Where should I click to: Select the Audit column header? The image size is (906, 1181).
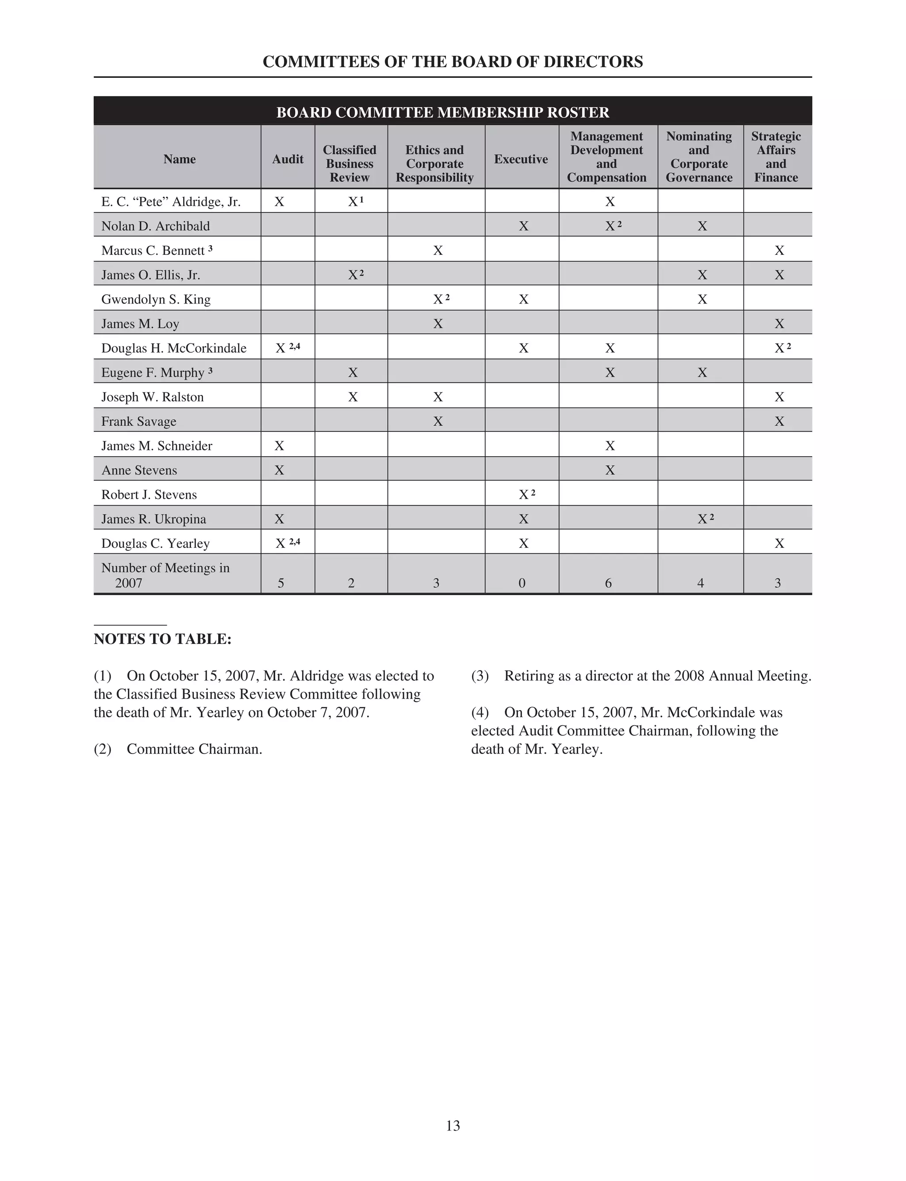pyautogui.click(x=288, y=159)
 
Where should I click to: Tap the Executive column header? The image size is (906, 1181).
pyautogui.click(x=521, y=159)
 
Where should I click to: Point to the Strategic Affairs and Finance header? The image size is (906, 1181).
pyautogui.click(x=776, y=157)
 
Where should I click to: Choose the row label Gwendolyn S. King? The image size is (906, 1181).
pyautogui.click(x=156, y=299)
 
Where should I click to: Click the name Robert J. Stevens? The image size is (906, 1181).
pyautogui.click(x=149, y=495)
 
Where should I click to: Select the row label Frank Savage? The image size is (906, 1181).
pyautogui.click(x=138, y=421)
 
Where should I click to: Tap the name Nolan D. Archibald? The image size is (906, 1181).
pyautogui.click(x=155, y=226)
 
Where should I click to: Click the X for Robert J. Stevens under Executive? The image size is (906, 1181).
pyautogui.click(x=524, y=495)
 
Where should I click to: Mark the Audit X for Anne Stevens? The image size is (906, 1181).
pyautogui.click(x=279, y=470)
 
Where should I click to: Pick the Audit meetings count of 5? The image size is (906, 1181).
pyautogui.click(x=281, y=583)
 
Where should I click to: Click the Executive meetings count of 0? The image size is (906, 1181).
pyautogui.click(x=522, y=583)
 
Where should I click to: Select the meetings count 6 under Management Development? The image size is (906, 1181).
pyautogui.click(x=608, y=583)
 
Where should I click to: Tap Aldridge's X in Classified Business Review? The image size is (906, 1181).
pyautogui.click(x=353, y=202)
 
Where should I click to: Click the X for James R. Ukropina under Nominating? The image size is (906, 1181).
pyautogui.click(x=703, y=519)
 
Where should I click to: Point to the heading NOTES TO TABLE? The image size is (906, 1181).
pyautogui.click(x=163, y=639)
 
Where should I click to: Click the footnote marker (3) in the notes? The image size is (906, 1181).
pyautogui.click(x=480, y=676)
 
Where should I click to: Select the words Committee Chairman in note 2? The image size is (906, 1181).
pyautogui.click(x=194, y=749)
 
